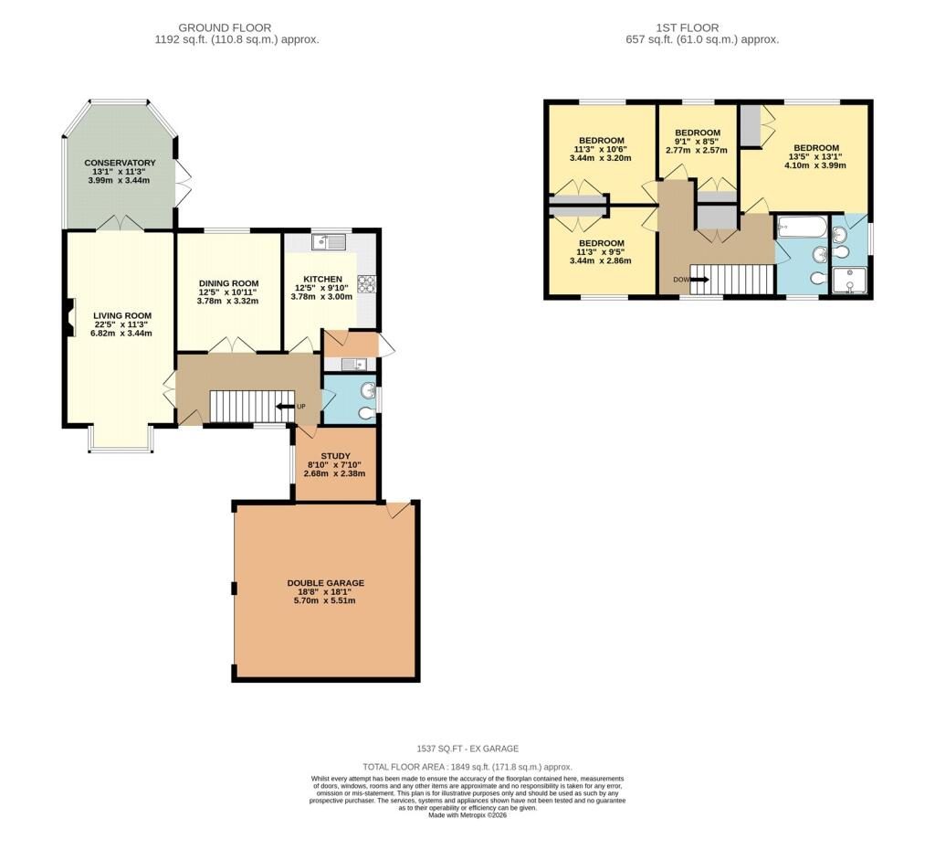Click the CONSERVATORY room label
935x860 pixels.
click(120, 163)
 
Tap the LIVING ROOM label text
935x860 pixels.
click(122, 315)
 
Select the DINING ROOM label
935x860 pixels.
click(229, 283)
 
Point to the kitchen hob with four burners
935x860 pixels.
click(364, 282)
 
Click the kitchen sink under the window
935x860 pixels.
click(329, 242)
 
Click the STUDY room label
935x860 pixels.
click(336, 456)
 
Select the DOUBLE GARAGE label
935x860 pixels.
click(326, 583)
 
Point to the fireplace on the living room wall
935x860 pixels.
click(69, 317)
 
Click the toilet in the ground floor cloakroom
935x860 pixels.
click(367, 414)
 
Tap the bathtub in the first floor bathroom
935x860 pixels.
click(803, 227)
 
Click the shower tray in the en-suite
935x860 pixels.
click(850, 281)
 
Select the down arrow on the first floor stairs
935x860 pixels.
click(699, 280)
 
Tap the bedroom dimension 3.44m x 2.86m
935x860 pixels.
click(601, 260)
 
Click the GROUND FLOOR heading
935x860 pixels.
click(225, 27)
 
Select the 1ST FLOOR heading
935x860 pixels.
click(688, 27)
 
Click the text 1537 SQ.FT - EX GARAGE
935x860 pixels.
click(467, 749)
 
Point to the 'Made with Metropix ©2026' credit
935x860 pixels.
click(467, 815)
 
